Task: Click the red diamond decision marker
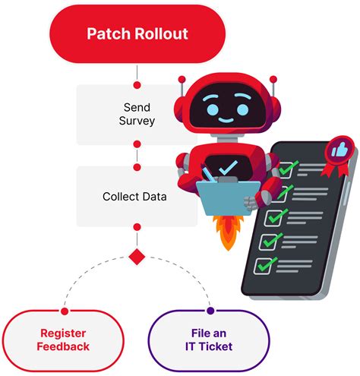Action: pyautogui.click(x=137, y=257)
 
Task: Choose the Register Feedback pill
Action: pyautogui.click(x=63, y=340)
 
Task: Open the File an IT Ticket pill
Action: pyautogui.click(x=207, y=340)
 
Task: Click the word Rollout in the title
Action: pyautogui.click(x=163, y=34)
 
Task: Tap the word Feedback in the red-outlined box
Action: pyautogui.click(x=63, y=347)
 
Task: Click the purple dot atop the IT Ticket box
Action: pyautogui.click(x=210, y=311)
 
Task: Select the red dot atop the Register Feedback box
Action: pyautogui.click(x=64, y=311)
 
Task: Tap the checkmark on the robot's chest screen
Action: pyautogui.click(x=226, y=165)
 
